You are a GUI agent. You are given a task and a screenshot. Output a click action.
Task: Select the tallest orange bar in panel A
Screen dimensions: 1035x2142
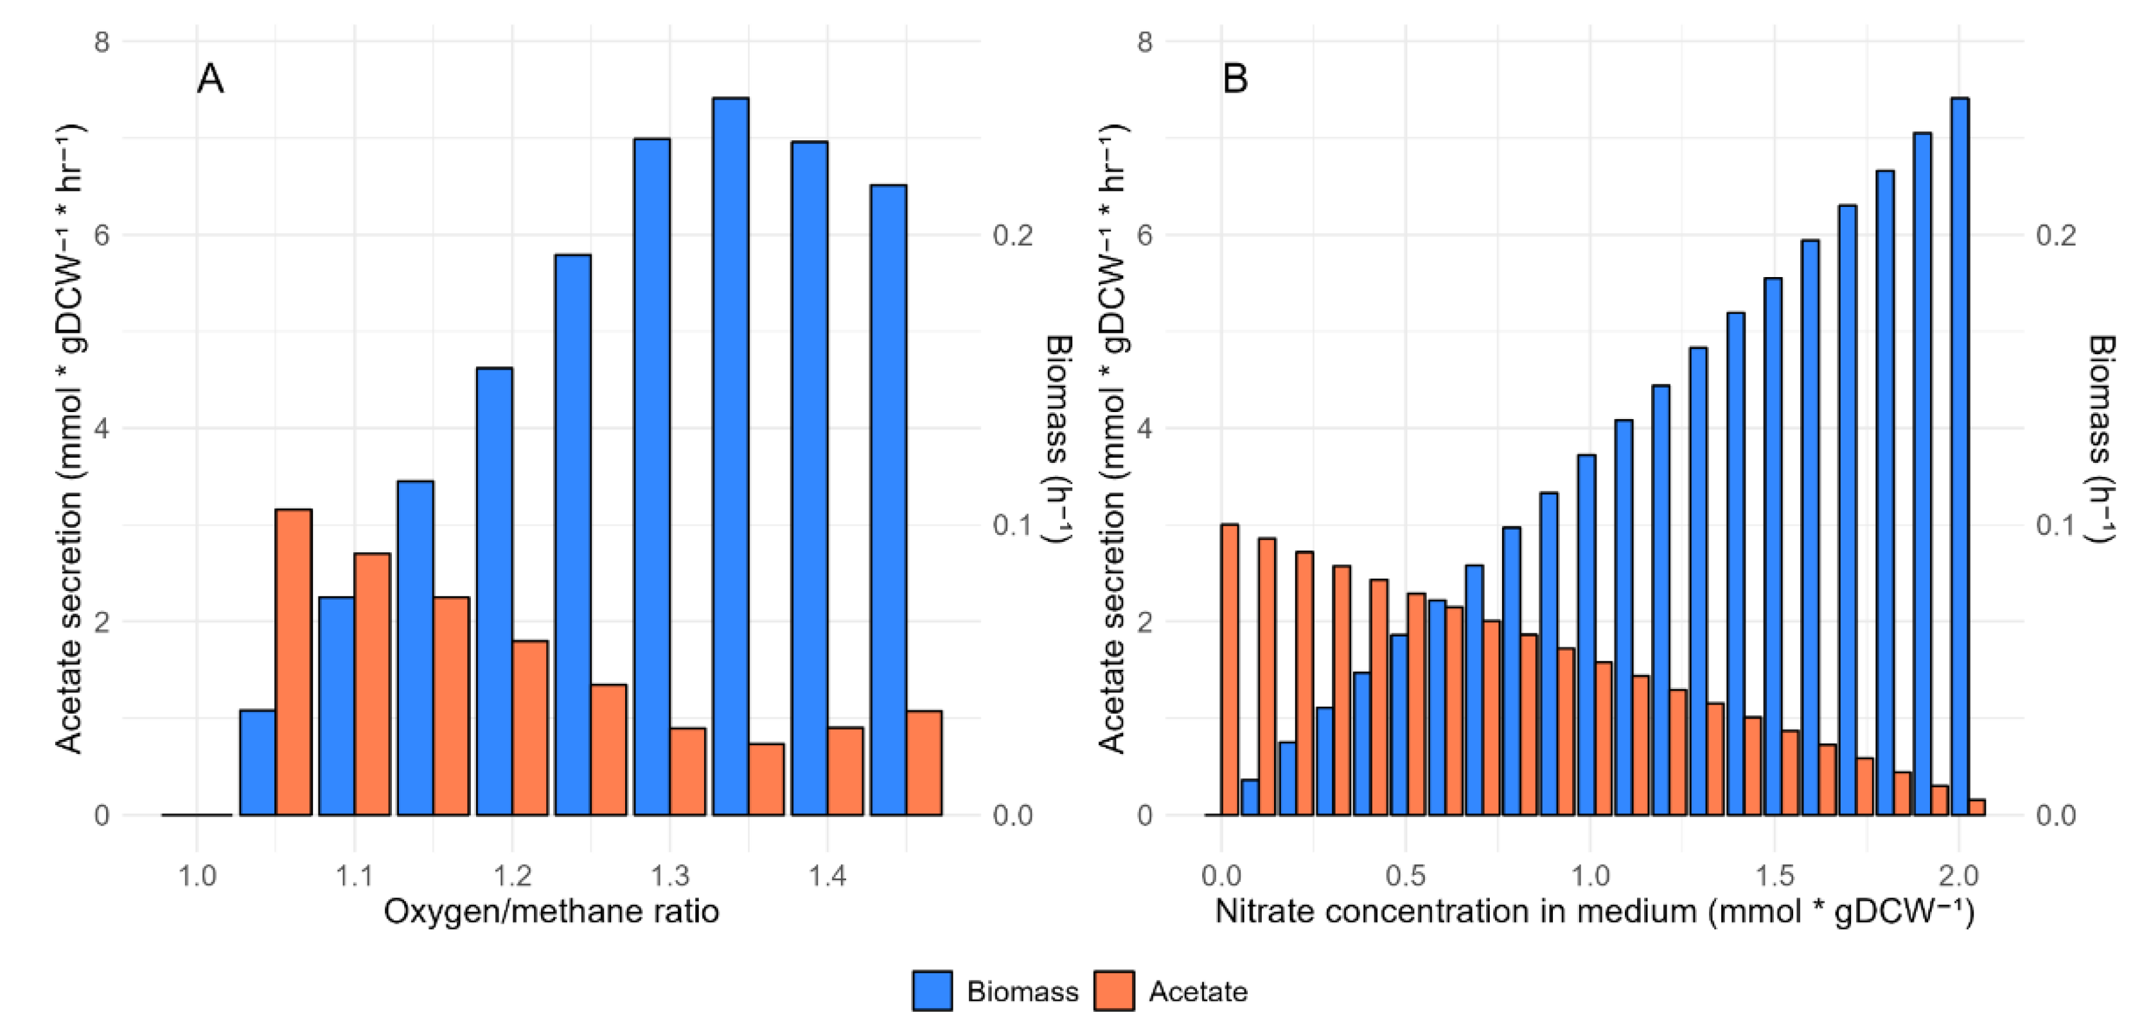click(294, 661)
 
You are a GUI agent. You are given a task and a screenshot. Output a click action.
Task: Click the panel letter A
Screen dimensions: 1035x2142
click(209, 80)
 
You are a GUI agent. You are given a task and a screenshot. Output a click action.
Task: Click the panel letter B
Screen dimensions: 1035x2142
click(1235, 80)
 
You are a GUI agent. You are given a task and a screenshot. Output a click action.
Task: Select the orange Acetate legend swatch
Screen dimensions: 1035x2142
click(1113, 990)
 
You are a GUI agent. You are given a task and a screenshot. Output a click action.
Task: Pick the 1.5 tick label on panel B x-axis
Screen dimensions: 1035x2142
click(1774, 876)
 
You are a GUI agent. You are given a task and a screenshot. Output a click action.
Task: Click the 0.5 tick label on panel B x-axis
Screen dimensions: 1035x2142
click(1405, 876)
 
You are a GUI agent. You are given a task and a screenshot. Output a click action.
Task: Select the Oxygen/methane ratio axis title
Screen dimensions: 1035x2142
click(551, 912)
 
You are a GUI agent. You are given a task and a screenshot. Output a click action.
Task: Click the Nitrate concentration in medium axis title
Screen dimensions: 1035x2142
click(1594, 912)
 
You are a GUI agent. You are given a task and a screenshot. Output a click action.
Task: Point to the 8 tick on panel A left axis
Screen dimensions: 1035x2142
click(102, 42)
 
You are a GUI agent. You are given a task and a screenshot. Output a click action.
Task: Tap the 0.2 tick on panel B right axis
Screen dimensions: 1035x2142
click(2055, 235)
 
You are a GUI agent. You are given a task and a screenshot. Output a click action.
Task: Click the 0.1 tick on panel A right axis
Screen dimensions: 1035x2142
click(1013, 526)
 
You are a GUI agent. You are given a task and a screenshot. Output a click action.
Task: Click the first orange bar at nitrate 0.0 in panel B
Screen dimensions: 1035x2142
click(1229, 670)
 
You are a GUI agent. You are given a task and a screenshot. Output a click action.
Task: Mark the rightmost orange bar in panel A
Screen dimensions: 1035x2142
click(924, 763)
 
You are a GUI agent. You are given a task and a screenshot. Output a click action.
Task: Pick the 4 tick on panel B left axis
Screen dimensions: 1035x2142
click(1144, 429)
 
